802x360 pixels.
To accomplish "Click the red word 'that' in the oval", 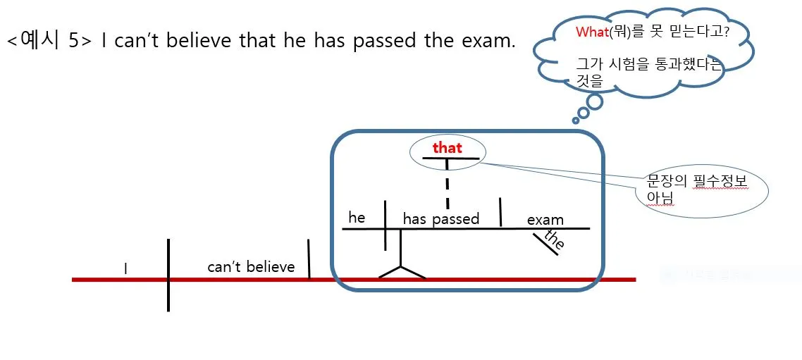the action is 447,148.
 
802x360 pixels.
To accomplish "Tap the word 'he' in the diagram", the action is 357,217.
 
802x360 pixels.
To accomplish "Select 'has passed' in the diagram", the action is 441,218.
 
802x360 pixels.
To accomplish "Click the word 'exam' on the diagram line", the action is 545,220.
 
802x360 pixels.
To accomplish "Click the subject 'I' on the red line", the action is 125,268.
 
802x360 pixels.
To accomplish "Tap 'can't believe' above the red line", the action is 251,267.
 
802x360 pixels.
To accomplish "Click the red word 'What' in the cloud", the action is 592,32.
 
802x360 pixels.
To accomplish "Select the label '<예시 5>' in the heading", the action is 49,40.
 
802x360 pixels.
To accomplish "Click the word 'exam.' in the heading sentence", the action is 491,40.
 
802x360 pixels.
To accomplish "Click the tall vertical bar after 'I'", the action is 168,275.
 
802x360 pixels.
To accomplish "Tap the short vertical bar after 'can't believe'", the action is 309,259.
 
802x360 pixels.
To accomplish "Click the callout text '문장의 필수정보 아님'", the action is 696,189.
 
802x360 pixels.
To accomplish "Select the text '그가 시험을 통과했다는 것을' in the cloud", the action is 644,70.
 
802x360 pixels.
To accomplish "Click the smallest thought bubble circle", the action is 576,120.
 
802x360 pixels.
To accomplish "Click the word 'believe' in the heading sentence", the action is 201,40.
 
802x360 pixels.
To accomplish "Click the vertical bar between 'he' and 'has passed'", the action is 385,225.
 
